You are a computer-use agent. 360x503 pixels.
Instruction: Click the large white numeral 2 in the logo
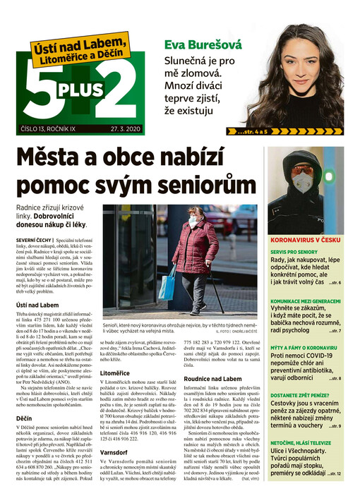point(122,86)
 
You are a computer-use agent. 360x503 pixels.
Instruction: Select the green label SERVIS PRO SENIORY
point(296,253)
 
